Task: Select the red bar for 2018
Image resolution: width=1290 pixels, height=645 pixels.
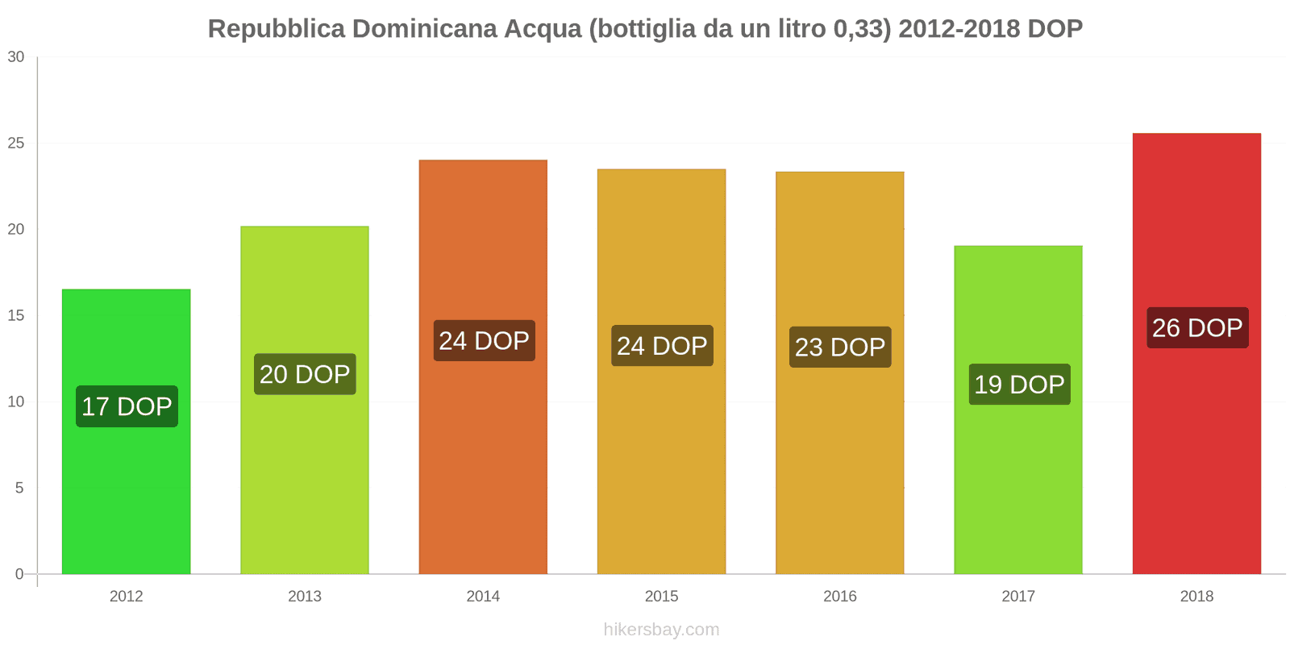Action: pyautogui.click(x=1196, y=451)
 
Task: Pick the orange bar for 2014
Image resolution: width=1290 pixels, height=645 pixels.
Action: pyautogui.click(x=483, y=451)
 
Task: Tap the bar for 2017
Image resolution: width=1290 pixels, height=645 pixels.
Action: pyautogui.click(x=1018, y=484)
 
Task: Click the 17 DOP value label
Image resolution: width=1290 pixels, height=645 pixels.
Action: pyautogui.click(x=127, y=406)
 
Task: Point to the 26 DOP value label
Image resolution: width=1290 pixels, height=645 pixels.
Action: pyautogui.click(x=1197, y=328)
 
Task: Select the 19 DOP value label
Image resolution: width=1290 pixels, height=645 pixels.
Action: pyautogui.click(x=1019, y=385)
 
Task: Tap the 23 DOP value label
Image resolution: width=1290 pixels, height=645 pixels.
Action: pyautogui.click(x=840, y=347)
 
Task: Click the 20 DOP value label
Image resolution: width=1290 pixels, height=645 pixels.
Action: pyautogui.click(x=305, y=374)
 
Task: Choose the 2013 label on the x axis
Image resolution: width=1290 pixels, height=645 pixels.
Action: pyautogui.click(x=305, y=597)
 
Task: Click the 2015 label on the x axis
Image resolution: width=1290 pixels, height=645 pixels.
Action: pyautogui.click(x=661, y=597)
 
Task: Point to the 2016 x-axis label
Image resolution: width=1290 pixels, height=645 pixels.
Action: pyautogui.click(x=840, y=597)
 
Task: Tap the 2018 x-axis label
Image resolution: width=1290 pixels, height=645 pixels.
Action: pyautogui.click(x=1196, y=597)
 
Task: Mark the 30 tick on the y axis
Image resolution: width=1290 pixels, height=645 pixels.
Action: pyautogui.click(x=16, y=57)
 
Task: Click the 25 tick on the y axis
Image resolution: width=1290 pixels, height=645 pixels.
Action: pyautogui.click(x=16, y=144)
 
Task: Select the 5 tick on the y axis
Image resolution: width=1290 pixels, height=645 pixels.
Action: pyautogui.click(x=19, y=488)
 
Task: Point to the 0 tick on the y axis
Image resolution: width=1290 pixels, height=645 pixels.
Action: pyautogui.click(x=19, y=574)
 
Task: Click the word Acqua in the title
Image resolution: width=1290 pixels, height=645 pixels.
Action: pyautogui.click(x=543, y=29)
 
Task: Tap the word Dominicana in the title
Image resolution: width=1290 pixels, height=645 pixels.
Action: pyautogui.click(x=424, y=29)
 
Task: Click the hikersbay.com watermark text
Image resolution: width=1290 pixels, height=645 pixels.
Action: pyautogui.click(x=661, y=630)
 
